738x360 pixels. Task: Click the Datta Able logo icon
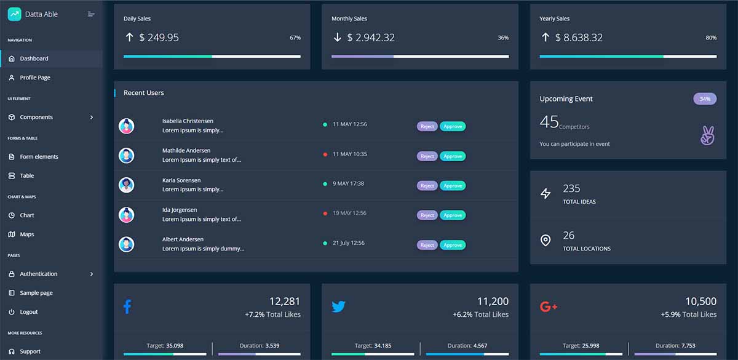(14, 14)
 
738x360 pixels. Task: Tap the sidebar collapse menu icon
(91, 14)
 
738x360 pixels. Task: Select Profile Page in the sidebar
(35, 78)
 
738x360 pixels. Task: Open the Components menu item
(36, 117)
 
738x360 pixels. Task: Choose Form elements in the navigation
(39, 157)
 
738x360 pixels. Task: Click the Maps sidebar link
(26, 234)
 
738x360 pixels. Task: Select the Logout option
(28, 312)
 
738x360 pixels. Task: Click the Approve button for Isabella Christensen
(453, 126)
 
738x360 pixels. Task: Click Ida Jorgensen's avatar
(127, 215)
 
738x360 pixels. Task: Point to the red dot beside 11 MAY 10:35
(325, 154)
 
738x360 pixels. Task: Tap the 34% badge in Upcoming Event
(705, 99)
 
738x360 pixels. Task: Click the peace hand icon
(707, 136)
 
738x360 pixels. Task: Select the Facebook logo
(127, 306)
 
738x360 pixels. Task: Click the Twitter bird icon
(338, 306)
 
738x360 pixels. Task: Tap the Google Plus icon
(548, 306)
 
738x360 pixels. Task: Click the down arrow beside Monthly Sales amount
(337, 38)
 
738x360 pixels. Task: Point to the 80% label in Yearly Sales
(711, 38)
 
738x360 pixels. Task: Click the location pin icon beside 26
(546, 241)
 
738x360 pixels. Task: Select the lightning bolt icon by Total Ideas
(546, 194)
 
